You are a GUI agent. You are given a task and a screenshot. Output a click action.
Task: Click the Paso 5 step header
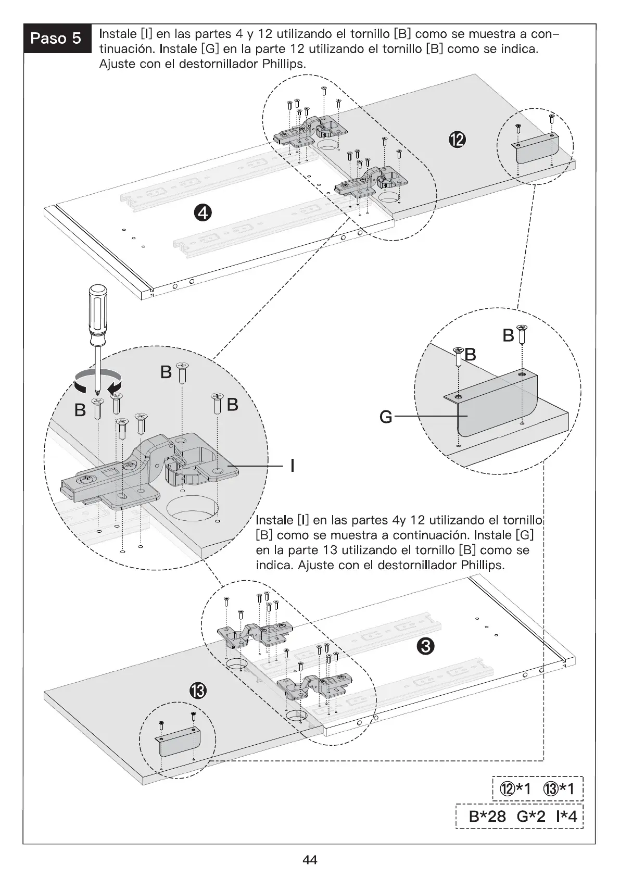coord(56,38)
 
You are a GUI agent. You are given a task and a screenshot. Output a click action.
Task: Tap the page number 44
coord(310,860)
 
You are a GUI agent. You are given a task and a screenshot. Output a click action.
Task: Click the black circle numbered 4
coord(204,212)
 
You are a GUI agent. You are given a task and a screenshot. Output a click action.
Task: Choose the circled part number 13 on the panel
coord(198,691)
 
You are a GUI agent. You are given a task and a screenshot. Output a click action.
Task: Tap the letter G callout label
coord(386,417)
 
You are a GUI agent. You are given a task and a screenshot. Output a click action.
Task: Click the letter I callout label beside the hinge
coord(293,465)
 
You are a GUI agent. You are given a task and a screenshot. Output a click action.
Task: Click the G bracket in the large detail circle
coord(492,411)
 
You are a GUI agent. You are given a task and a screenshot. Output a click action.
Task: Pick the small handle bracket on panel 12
coord(535,148)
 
